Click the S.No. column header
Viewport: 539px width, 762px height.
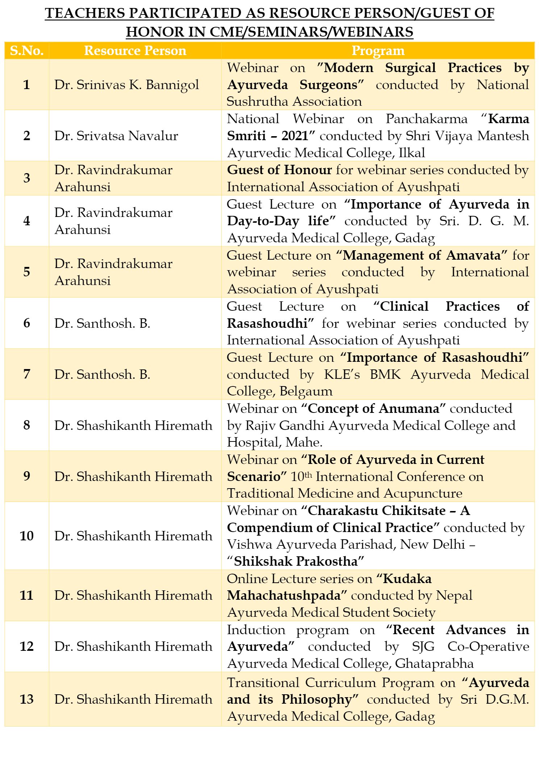point(26,51)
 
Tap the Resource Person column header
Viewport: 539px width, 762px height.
point(135,51)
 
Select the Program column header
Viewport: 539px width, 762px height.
point(378,51)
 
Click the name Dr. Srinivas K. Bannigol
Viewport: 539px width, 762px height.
point(127,85)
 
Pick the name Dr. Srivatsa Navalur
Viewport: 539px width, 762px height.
point(116,136)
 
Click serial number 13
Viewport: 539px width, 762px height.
point(26,699)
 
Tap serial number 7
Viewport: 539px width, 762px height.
point(26,374)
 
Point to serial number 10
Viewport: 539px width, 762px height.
point(26,536)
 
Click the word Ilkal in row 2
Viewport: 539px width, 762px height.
point(412,153)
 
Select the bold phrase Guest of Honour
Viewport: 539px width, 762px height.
point(279,170)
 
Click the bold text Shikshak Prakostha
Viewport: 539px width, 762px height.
point(296,561)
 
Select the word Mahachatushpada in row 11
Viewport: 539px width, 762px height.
point(284,595)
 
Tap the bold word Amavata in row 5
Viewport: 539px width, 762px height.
point(473,255)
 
